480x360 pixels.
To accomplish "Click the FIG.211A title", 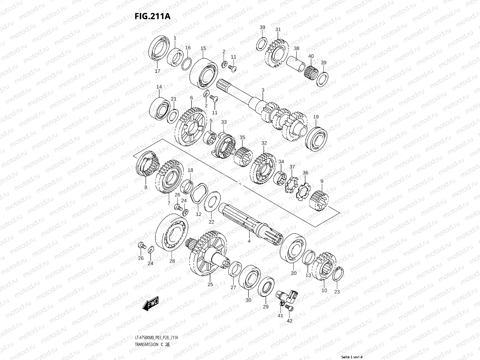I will pos(153,16).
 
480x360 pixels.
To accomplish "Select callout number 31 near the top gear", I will pos(278,29).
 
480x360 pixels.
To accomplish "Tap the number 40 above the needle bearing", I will pos(311,56).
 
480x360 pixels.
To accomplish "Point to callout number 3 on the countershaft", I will pos(263,90).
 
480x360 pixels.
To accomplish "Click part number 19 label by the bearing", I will pos(316,117).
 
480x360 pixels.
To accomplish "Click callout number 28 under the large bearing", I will pos(172,261).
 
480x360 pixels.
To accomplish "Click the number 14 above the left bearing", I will pos(159,87).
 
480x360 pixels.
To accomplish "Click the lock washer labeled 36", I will pos(303,191).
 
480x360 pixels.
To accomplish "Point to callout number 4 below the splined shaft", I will pos(249,241).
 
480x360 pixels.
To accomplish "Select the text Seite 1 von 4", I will pos(352,357).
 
